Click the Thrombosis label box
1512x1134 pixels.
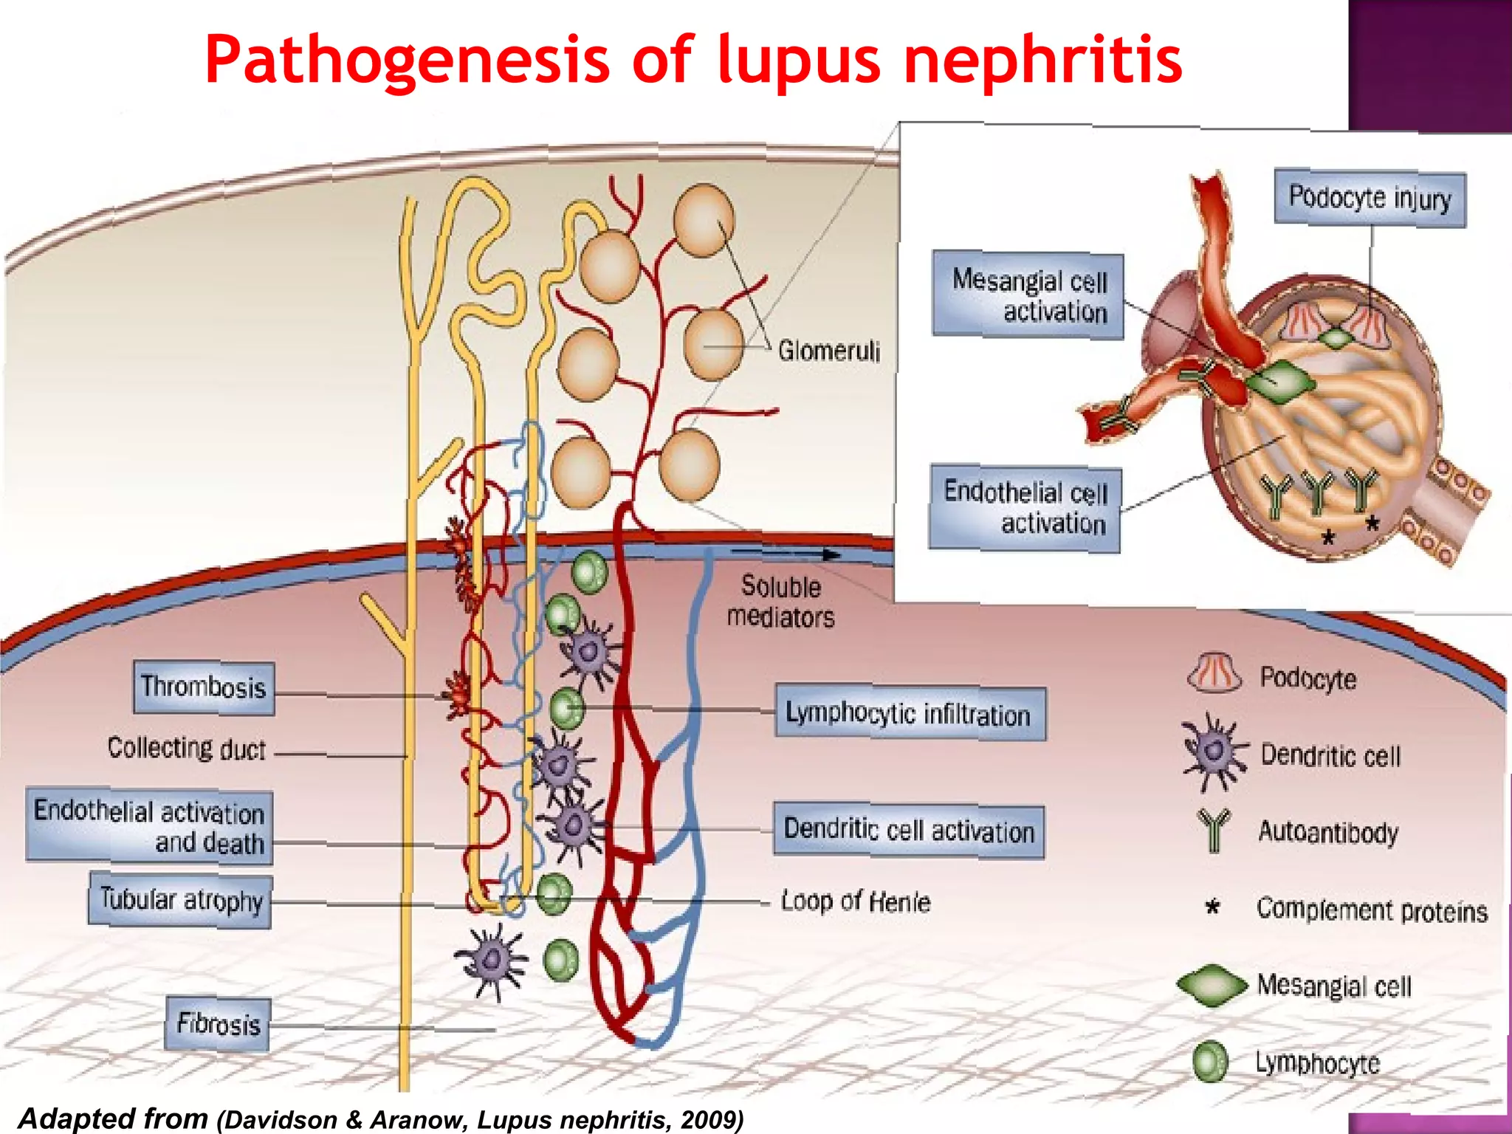coord(204,688)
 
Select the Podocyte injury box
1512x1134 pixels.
coord(1370,199)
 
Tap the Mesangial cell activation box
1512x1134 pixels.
coord(1028,295)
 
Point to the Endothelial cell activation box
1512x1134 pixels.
coord(1024,508)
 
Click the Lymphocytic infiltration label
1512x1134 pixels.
coord(910,714)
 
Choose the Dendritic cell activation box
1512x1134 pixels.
coord(909,831)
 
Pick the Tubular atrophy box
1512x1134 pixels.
coord(180,900)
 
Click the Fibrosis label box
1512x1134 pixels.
coord(217,1024)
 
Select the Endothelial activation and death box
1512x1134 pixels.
coord(150,826)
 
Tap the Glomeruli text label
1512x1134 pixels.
coord(828,351)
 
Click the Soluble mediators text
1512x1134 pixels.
coord(781,602)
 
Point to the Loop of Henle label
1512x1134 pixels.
coord(856,901)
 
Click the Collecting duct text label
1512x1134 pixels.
coord(186,749)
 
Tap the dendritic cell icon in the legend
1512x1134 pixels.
coord(1213,752)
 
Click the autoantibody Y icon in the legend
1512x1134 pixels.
coord(1214,830)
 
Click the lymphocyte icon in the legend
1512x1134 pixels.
coord(1210,1062)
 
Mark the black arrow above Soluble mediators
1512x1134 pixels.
coord(786,552)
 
